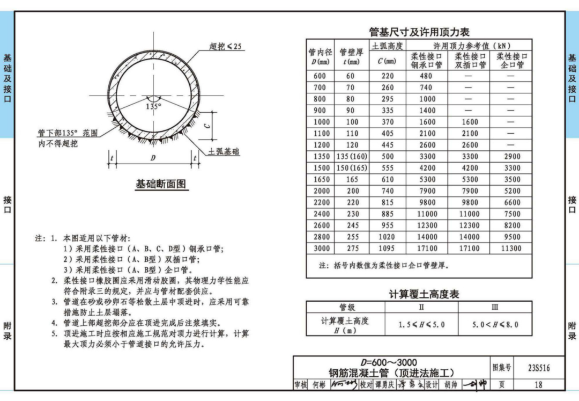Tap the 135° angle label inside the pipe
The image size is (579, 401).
pyautogui.click(x=153, y=107)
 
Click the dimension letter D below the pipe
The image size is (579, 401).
pyautogui.click(x=153, y=158)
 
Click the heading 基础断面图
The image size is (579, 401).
pyautogui.click(x=161, y=185)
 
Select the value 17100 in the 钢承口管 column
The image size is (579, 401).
pyautogui.click(x=427, y=249)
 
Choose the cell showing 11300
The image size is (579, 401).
pyautogui.click(x=510, y=249)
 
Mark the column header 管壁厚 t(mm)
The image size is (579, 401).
pyautogui.click(x=351, y=56)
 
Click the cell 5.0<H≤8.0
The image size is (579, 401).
pyautogui.click(x=495, y=324)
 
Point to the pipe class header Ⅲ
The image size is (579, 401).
pyautogui.click(x=495, y=307)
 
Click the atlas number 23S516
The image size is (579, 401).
pyautogui.click(x=538, y=368)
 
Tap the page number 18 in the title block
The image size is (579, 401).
pyautogui.click(x=538, y=384)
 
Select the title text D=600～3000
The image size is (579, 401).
pyautogui.click(x=388, y=362)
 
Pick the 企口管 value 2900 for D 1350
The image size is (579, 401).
pyautogui.click(x=510, y=156)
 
